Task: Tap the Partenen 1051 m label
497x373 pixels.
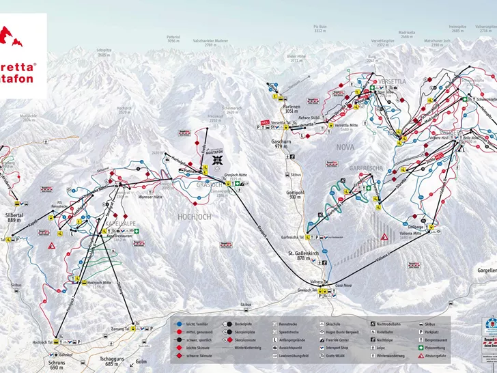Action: pyautogui.click(x=292, y=111)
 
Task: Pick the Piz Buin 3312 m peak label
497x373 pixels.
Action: pyautogui.click(x=321, y=29)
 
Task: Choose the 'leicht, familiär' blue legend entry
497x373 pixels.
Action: pyautogui.click(x=191, y=320)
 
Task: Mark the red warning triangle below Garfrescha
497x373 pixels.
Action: pyautogui.click(x=385, y=236)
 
